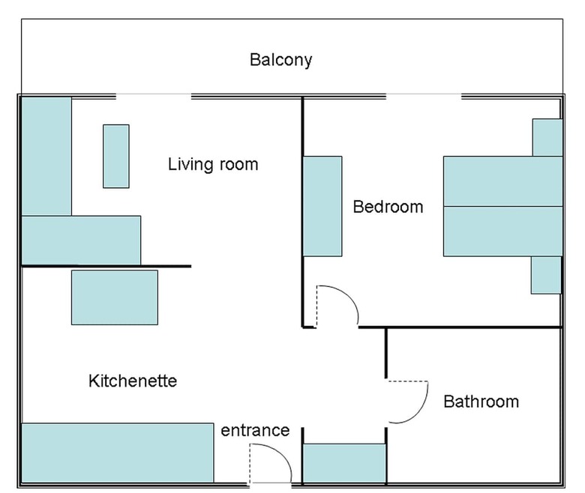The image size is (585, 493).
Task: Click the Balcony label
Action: click(x=280, y=60)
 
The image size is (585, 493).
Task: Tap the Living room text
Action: click(x=213, y=164)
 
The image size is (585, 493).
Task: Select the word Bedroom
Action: click(x=388, y=207)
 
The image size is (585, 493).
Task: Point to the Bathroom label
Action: click(x=481, y=402)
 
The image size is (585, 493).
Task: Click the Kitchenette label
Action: click(x=133, y=381)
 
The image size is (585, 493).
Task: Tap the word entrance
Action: click(x=255, y=430)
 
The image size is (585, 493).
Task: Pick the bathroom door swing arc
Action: click(x=418, y=413)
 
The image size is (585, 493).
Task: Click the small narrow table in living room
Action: click(x=116, y=156)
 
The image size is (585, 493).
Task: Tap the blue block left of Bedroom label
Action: click(x=322, y=206)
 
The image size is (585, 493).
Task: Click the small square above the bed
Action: click(x=547, y=138)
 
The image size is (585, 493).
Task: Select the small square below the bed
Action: click(x=546, y=275)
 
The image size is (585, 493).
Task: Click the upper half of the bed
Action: click(x=503, y=181)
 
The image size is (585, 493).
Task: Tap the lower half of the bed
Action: click(x=503, y=231)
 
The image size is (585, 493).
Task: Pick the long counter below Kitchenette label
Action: click(x=118, y=453)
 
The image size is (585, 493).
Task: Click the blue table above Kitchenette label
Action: click(x=115, y=297)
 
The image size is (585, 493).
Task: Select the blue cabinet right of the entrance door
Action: click(x=344, y=463)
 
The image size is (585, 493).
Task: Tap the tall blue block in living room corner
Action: click(x=46, y=156)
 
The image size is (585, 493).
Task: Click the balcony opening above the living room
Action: click(x=154, y=97)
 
